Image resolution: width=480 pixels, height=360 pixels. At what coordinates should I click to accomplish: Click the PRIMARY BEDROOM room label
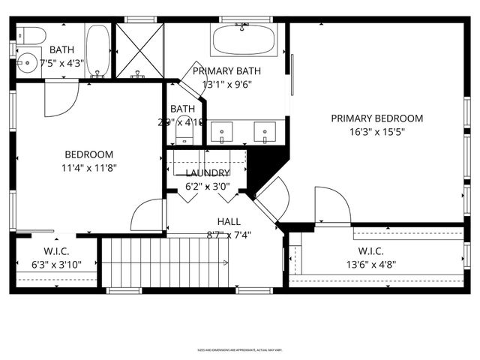pyautogui.click(x=377, y=118)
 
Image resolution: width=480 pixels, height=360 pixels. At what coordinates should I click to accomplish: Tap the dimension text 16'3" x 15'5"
pyautogui.click(x=377, y=131)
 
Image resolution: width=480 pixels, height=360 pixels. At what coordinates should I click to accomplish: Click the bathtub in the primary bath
pyautogui.click(x=244, y=39)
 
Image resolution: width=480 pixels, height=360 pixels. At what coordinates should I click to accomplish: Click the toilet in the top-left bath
pyautogui.click(x=28, y=34)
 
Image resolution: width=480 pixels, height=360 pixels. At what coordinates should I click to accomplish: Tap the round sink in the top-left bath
pyautogui.click(x=28, y=62)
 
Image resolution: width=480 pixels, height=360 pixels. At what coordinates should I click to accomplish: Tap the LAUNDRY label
pyautogui.click(x=206, y=173)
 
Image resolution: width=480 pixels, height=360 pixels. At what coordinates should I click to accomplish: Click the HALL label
pyautogui.click(x=229, y=221)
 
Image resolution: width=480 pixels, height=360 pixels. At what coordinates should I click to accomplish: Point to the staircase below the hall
pyautogui.click(x=165, y=262)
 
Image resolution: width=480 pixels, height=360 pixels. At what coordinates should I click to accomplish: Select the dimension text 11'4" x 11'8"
pyautogui.click(x=88, y=168)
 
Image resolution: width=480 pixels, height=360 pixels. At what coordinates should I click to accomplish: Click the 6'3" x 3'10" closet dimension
pyautogui.click(x=56, y=265)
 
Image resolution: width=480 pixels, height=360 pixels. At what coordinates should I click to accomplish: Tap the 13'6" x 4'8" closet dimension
pyautogui.click(x=371, y=264)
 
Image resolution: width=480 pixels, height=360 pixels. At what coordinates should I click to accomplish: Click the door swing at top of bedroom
pyautogui.click(x=60, y=100)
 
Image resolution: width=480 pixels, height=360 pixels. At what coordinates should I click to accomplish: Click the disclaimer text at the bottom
pyautogui.click(x=240, y=349)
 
